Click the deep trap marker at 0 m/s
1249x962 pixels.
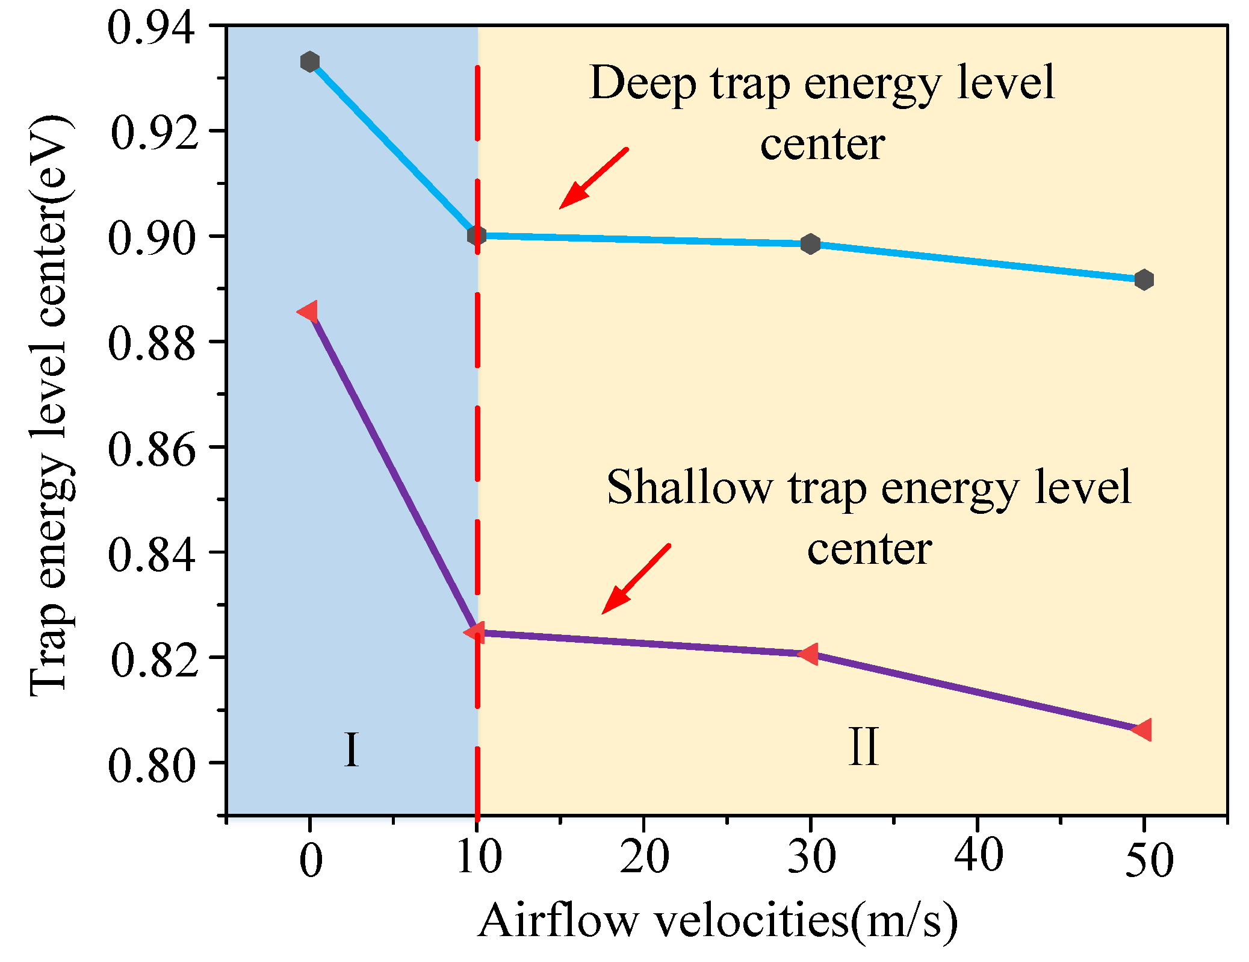(x=309, y=61)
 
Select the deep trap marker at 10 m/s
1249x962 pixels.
(x=476, y=236)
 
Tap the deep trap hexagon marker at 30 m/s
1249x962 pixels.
(x=810, y=244)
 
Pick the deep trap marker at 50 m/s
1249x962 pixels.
(x=1144, y=280)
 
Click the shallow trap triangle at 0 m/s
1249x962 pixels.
(x=308, y=312)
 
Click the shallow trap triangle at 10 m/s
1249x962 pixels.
(x=475, y=632)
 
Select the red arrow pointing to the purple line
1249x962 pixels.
(x=635, y=579)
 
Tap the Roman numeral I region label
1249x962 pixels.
(x=351, y=751)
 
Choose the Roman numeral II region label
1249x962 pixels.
(x=863, y=747)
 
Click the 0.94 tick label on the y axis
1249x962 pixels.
(x=151, y=28)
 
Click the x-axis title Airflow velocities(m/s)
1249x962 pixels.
(x=717, y=921)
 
